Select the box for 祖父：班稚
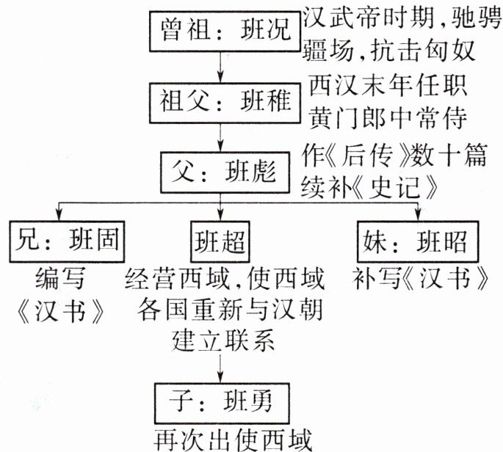tap(220, 99)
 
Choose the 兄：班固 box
tap(66, 239)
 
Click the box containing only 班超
tap(220, 239)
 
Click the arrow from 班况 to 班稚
tap(220, 65)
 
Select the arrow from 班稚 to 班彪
tap(220, 137)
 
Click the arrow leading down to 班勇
tap(220, 367)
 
